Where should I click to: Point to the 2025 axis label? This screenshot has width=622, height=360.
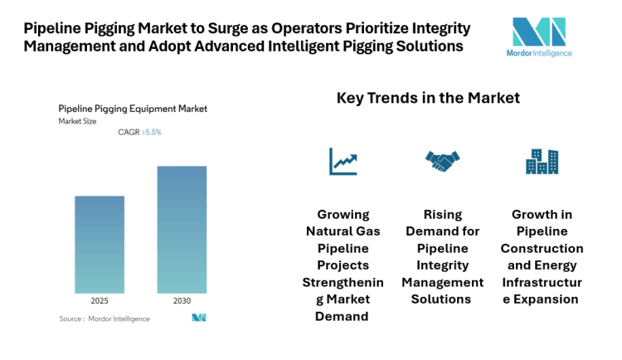pos(100,300)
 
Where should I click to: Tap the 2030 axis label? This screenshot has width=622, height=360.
pos(182,300)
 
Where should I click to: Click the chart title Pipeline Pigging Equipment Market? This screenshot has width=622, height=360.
pos(133,108)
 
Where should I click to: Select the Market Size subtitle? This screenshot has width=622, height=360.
pos(77,121)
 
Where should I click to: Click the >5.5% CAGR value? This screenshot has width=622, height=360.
pos(152,133)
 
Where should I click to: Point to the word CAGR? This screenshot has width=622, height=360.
pos(129,133)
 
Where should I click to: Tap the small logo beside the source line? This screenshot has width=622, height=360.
pos(198,318)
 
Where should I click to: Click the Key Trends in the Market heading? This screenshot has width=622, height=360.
pos(428,98)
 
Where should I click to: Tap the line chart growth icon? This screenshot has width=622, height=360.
pos(343,161)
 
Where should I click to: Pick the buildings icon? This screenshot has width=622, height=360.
pos(542,161)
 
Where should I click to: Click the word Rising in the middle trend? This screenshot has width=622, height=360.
pos(441,214)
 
